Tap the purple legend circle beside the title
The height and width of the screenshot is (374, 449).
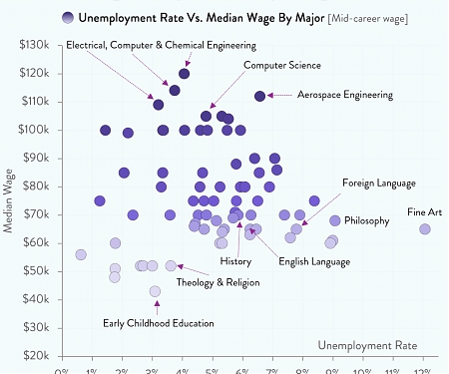pyautogui.click(x=67, y=18)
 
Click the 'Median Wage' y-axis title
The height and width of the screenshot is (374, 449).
pyautogui.click(x=9, y=200)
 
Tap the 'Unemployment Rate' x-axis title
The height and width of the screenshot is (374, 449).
pyautogui.click(x=366, y=345)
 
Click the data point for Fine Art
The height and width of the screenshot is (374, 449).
pyautogui.click(x=425, y=229)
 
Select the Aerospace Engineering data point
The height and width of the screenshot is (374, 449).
pyautogui.click(x=259, y=96)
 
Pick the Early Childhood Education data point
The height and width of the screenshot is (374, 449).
pyautogui.click(x=155, y=292)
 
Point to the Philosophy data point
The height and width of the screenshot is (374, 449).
pyautogui.click(x=335, y=220)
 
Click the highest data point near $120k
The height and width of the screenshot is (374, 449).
pyautogui.click(x=185, y=74)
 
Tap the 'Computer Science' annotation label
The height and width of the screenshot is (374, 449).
pyautogui.click(x=282, y=65)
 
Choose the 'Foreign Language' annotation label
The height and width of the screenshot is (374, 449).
pyautogui.click(x=379, y=184)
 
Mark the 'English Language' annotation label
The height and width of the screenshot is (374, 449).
pyautogui.click(x=314, y=261)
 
